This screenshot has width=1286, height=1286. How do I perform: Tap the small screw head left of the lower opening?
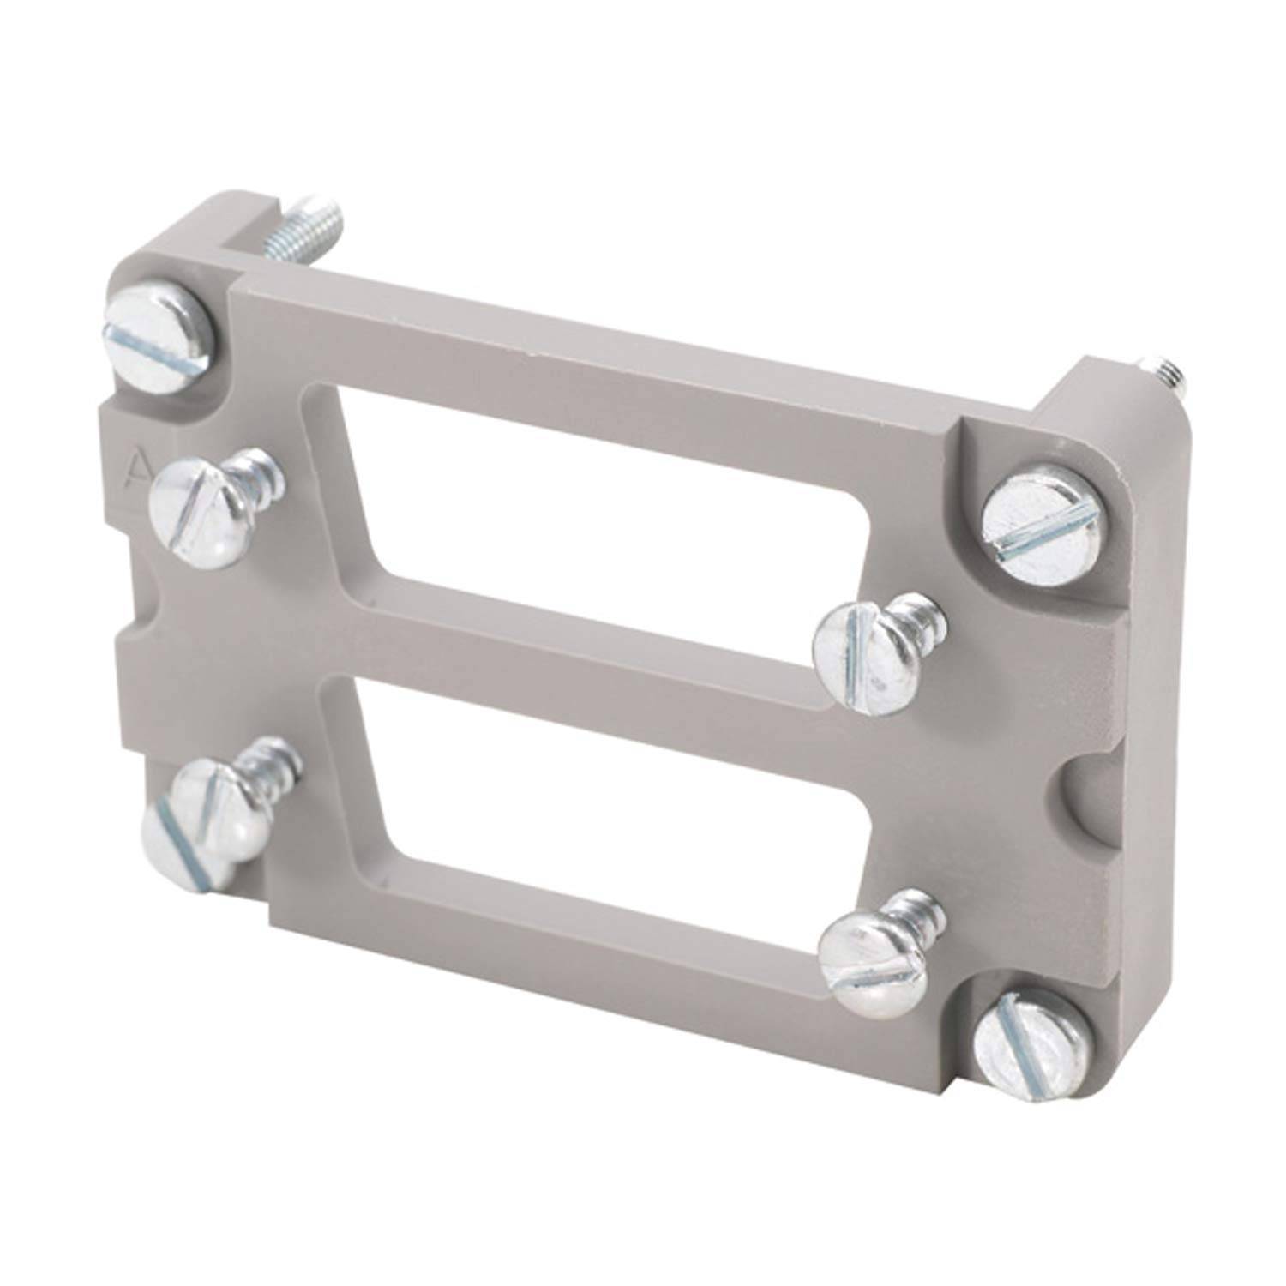point(197,814)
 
